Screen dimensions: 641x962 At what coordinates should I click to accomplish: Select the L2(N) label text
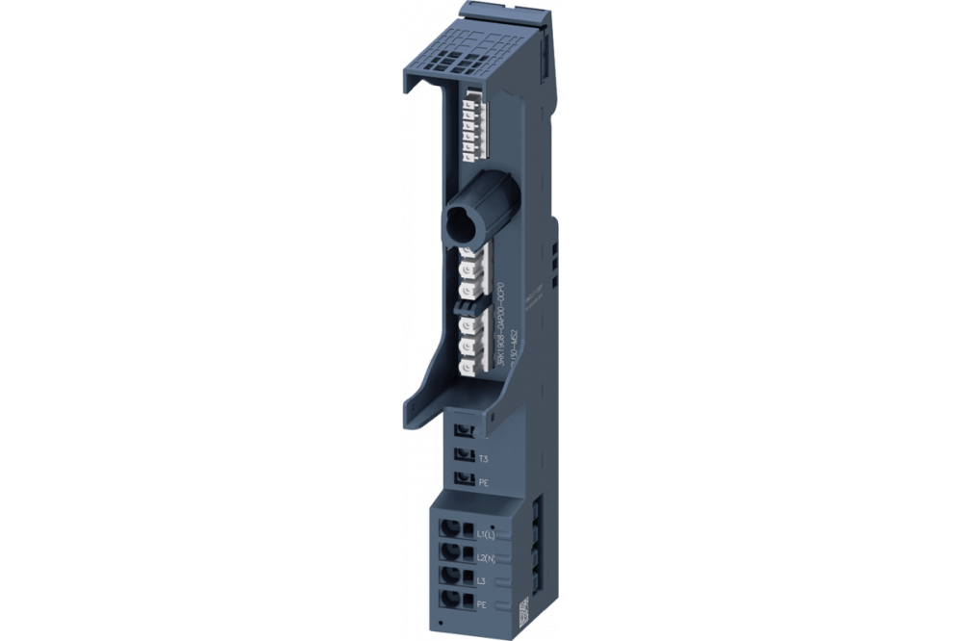coord(490,555)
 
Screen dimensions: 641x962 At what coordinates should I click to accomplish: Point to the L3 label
coord(483,579)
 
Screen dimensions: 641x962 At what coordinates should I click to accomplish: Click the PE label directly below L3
coord(483,603)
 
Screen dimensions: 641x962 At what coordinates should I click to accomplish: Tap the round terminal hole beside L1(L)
coord(449,527)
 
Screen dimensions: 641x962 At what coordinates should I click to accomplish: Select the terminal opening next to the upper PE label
coord(465,477)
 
